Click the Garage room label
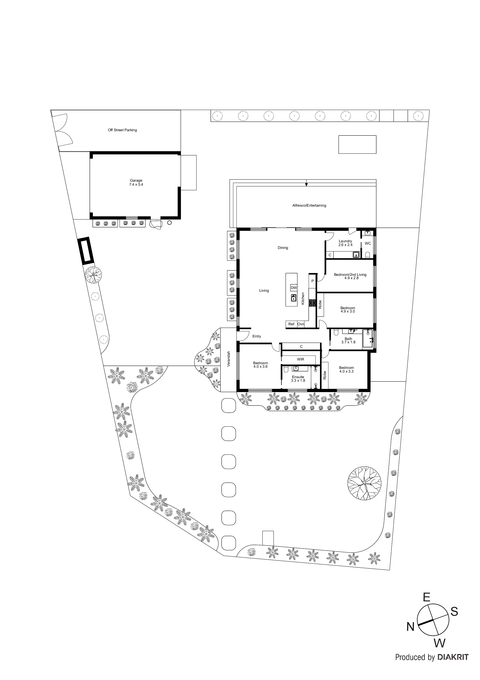coord(136,182)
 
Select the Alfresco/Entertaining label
coord(309,205)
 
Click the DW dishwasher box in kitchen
coord(294,288)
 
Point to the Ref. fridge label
coord(292,324)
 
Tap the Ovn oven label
coord(301,324)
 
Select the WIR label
coord(300,359)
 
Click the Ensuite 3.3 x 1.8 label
coord(298,379)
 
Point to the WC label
coord(368,243)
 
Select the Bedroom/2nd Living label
coord(350,276)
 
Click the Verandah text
coord(228,359)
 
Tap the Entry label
coord(257,336)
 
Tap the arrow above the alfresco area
coord(306,185)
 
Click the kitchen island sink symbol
coord(294,297)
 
